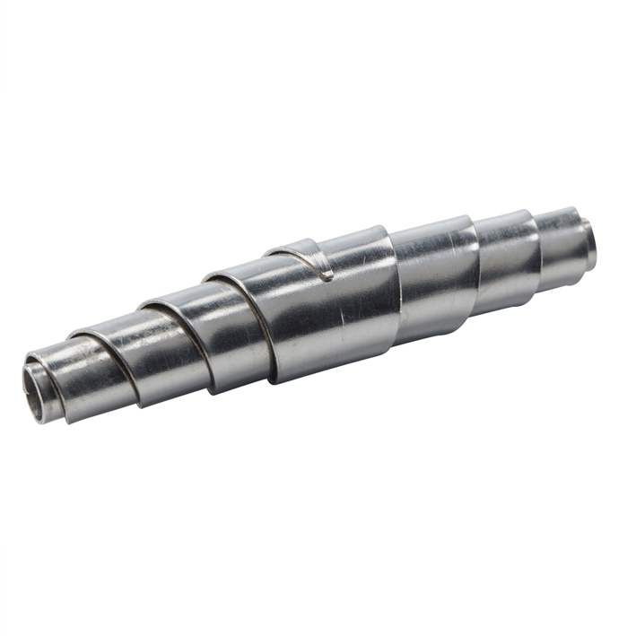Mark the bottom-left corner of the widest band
274,381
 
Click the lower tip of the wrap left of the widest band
215,392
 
